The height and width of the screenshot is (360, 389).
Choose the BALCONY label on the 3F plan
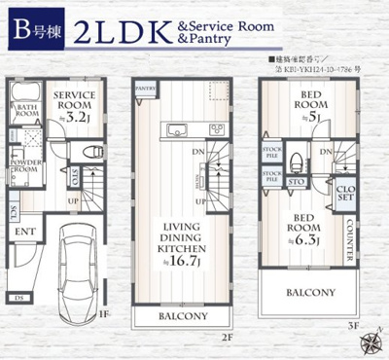tap(311, 291)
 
